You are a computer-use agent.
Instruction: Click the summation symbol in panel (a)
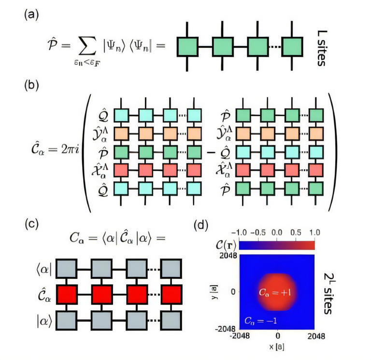tap(86, 46)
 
